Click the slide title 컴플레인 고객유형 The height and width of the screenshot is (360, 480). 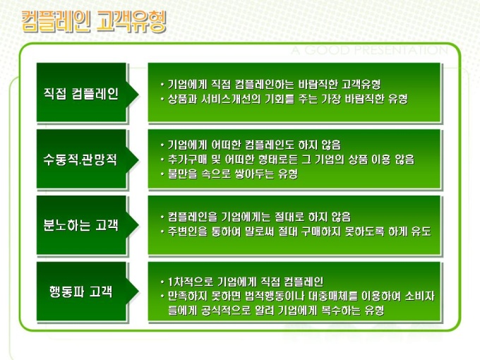click(94, 21)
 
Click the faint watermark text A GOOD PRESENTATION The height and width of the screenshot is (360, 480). click(370, 50)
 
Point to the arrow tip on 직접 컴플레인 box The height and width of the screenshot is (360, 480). click(138, 95)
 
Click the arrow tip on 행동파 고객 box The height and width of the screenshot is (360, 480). click(138, 291)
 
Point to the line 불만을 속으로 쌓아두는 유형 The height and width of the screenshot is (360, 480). click(233, 174)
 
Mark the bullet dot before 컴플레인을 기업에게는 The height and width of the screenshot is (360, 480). click(162, 217)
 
